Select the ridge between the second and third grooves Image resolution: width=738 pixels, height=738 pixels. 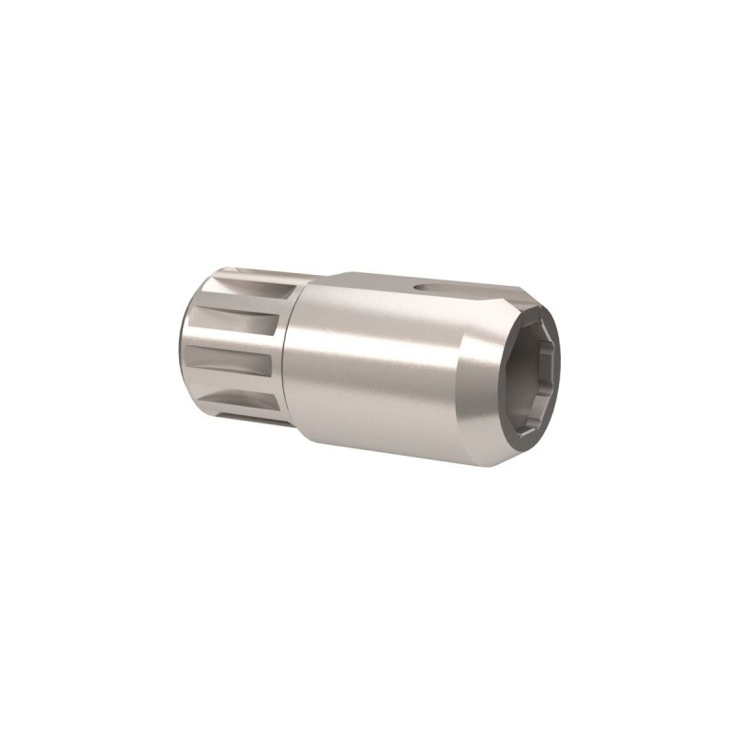[x=235, y=342]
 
